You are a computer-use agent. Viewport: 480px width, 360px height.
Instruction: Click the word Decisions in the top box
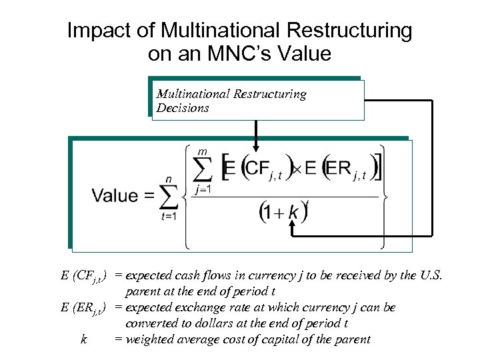tap(183, 108)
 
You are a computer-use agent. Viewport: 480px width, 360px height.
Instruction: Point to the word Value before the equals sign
tap(115, 196)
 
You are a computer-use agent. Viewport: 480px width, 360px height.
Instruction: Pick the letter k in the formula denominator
tap(293, 213)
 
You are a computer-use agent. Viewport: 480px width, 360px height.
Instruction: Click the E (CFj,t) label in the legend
tap(85, 276)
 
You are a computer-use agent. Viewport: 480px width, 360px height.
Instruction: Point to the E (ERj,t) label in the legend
tap(85, 308)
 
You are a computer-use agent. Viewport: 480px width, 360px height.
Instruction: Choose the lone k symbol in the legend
tap(83, 339)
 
